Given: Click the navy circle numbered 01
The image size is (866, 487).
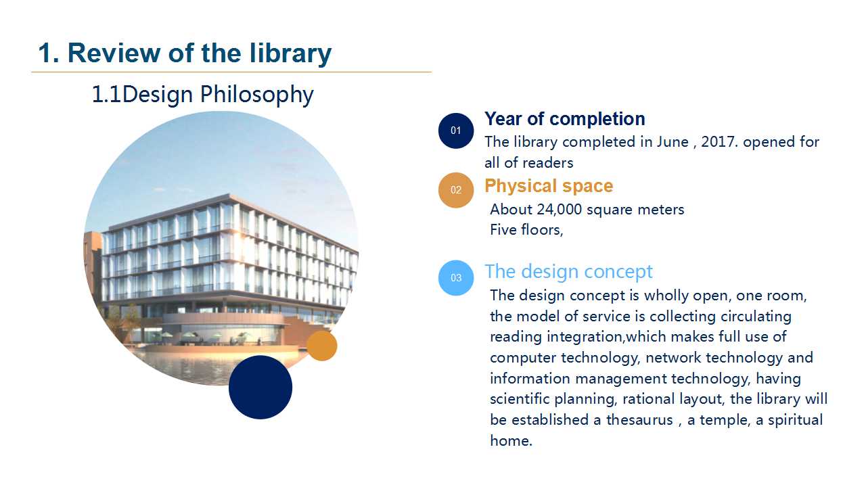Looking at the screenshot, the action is click(456, 131).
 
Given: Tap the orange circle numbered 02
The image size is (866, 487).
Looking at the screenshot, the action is click(456, 190).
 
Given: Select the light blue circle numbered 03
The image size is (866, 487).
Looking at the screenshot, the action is click(456, 278).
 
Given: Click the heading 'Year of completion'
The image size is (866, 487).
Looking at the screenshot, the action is click(565, 119).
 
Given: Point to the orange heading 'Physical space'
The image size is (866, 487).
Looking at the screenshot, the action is click(549, 186).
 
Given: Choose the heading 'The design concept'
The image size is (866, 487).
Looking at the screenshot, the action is click(569, 271).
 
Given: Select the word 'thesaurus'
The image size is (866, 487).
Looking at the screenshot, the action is click(639, 420).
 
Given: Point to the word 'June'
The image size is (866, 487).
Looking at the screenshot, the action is click(673, 142).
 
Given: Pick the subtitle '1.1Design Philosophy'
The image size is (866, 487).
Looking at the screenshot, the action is click(202, 95).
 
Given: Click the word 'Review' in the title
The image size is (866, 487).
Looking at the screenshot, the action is click(114, 53).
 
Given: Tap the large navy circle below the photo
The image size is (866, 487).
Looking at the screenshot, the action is click(260, 388).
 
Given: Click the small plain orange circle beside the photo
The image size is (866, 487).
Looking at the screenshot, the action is click(322, 346).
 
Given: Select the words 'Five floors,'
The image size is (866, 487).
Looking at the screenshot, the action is click(526, 230).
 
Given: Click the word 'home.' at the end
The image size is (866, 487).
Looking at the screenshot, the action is click(511, 440).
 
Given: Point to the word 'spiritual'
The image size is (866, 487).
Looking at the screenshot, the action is click(795, 421).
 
